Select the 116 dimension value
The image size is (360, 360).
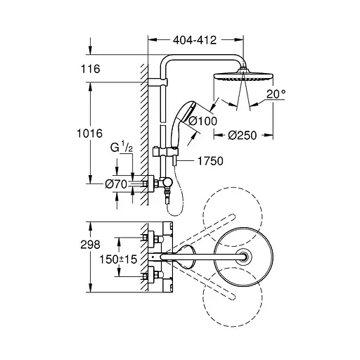coord(91,70)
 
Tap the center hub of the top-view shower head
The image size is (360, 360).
coord(243,257)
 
